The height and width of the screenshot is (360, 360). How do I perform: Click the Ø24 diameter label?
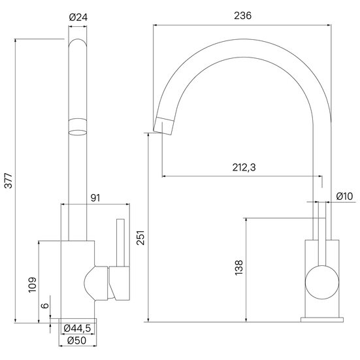(78, 18)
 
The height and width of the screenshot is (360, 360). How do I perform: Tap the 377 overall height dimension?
(8, 181)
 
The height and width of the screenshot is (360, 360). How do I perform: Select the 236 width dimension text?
(242, 16)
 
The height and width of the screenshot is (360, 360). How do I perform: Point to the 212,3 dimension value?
(244, 167)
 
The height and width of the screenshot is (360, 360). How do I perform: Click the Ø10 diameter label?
(344, 196)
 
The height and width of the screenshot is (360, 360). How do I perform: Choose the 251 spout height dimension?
(140, 238)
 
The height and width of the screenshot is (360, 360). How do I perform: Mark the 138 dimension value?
(238, 268)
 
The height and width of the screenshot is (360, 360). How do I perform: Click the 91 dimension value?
(95, 198)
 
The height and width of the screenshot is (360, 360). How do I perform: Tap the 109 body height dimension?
(33, 285)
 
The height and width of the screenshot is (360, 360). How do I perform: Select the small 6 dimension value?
(45, 306)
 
